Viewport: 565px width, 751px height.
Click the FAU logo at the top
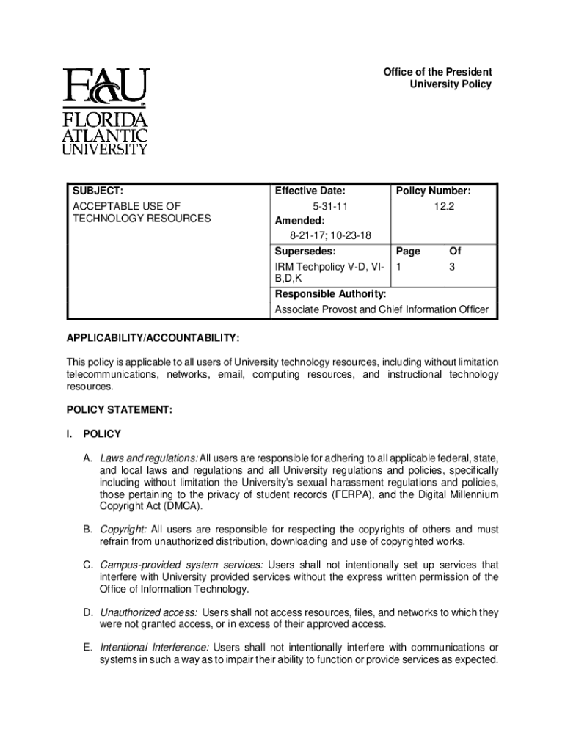pos(106,111)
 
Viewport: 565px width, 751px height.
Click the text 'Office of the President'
pos(437,72)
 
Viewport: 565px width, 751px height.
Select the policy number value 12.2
pos(443,208)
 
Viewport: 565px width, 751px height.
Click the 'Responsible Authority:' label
pos(330,294)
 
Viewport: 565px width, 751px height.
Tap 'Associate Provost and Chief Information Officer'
pos(381,309)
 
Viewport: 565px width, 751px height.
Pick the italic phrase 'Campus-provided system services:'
pos(182,565)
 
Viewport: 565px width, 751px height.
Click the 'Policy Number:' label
pos(434,192)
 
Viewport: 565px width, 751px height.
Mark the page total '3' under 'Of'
pos(453,268)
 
